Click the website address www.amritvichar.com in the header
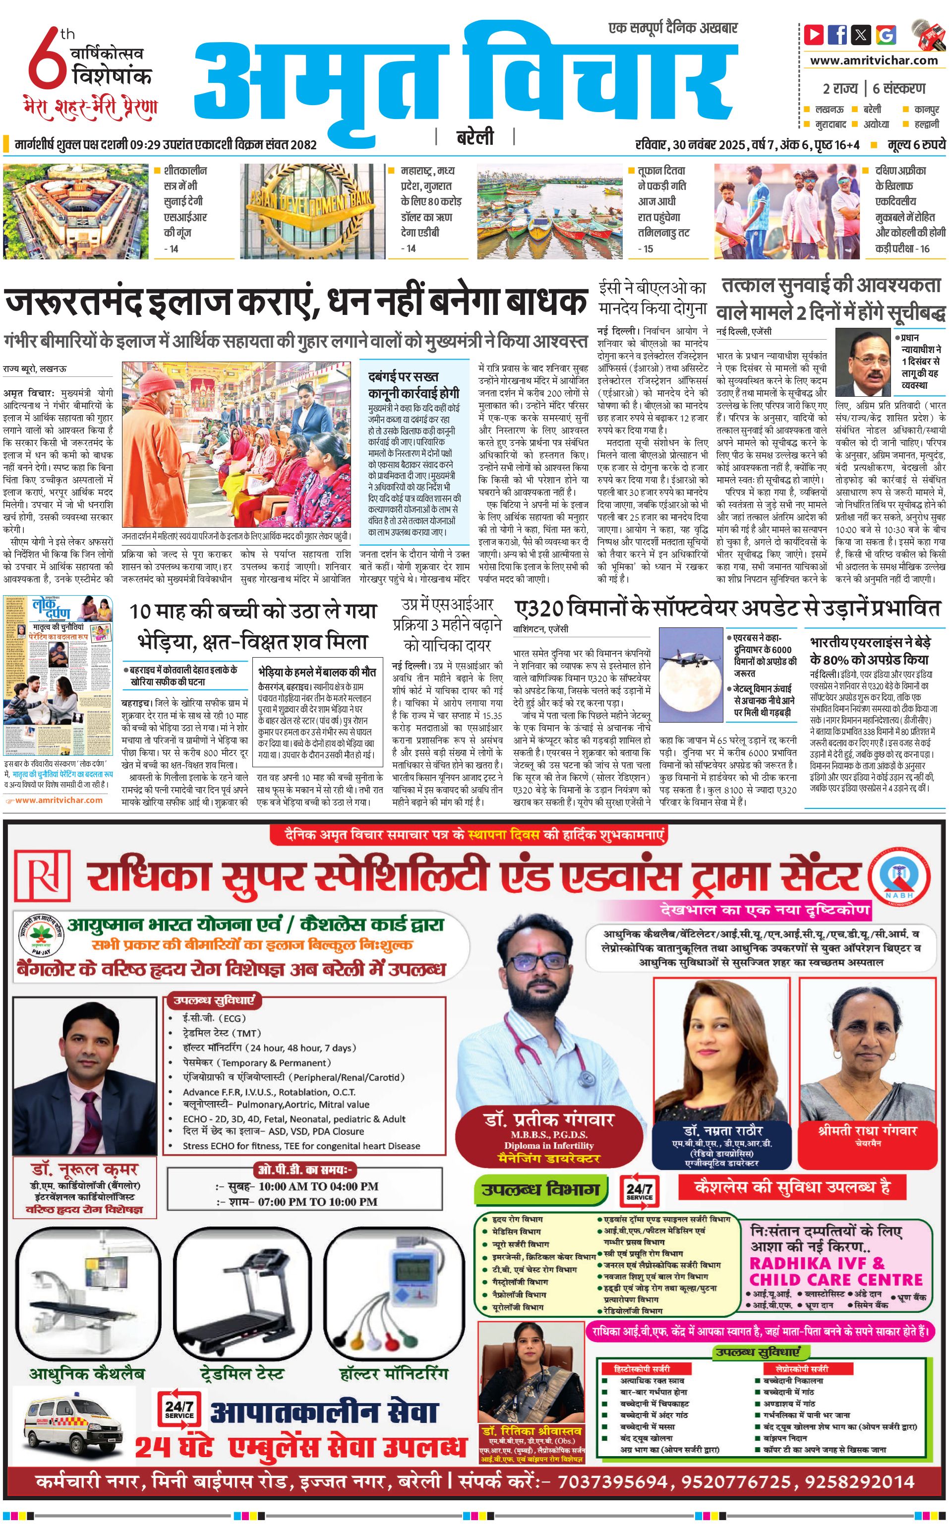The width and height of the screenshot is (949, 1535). [x=874, y=61]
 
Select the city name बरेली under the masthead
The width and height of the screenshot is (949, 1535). [x=475, y=136]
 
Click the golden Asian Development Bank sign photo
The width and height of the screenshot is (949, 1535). [x=312, y=211]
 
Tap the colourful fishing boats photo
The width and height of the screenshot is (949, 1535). [x=550, y=211]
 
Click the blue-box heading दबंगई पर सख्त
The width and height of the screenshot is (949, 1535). [x=403, y=376]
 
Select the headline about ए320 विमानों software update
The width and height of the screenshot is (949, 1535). [x=727, y=609]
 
